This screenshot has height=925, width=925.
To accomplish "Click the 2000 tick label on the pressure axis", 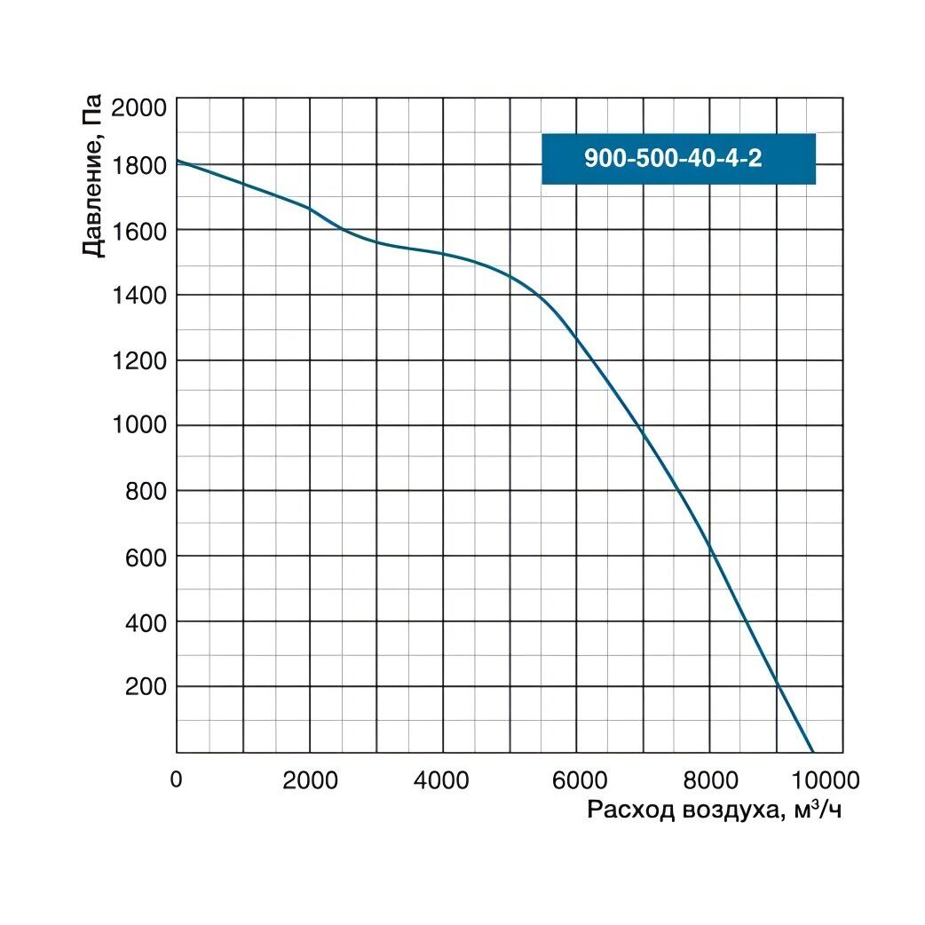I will (x=141, y=108).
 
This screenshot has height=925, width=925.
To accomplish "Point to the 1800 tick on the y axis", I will (x=141, y=165).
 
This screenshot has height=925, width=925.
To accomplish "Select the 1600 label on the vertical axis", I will (x=141, y=231).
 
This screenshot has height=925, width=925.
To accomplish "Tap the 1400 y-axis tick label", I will (x=141, y=296).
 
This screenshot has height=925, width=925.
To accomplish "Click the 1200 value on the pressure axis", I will (x=141, y=360).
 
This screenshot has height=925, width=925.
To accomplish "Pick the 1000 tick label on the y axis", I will (x=141, y=426).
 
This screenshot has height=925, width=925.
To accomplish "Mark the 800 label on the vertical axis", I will (x=147, y=492).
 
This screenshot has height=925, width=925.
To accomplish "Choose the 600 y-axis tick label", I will (x=147, y=557).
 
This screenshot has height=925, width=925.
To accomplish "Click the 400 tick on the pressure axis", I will (x=147, y=622).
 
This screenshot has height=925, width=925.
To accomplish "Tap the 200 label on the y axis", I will (x=147, y=688).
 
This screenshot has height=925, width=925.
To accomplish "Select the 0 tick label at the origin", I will (x=177, y=780).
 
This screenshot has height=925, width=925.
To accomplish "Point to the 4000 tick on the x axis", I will (x=442, y=780).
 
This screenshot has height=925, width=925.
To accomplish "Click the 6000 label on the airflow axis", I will (x=575, y=780).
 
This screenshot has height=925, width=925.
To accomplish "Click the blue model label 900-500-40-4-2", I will (x=678, y=159).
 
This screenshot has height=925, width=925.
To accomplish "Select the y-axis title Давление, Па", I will (x=93, y=175).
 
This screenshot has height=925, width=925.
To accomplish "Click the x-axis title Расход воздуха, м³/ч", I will (x=714, y=810).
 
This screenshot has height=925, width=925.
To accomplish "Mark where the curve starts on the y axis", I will (x=177, y=161).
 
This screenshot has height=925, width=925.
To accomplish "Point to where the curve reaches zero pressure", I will (x=812, y=752).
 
